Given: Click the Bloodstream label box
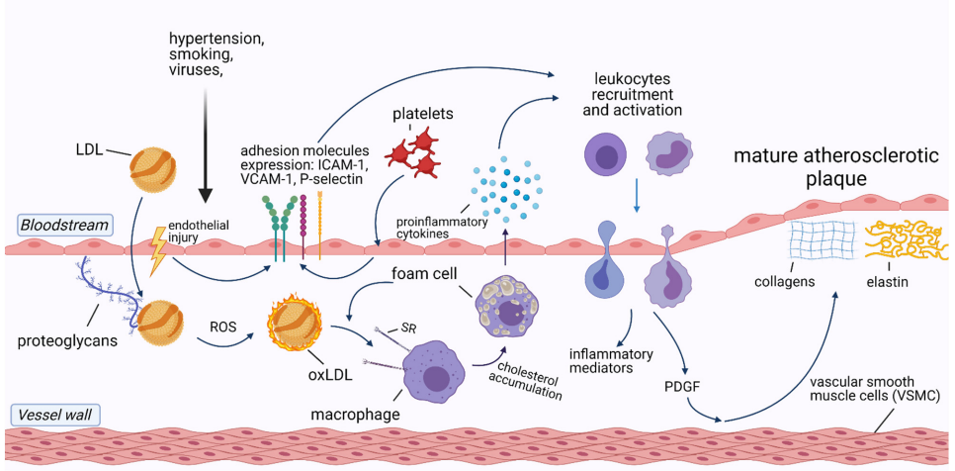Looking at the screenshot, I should coord(60,225).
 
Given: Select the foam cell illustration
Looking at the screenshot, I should coord(510,311).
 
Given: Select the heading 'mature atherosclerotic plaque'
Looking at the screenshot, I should coord(814,170).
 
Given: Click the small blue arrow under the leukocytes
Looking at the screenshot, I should coord(637,195).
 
